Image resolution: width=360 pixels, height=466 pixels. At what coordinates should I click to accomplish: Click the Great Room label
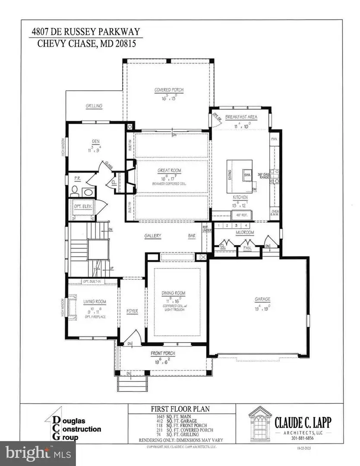[x=169, y=170]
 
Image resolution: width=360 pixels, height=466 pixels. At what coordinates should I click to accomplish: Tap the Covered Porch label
[x=169, y=90]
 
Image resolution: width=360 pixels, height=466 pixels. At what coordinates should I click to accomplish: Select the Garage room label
[x=262, y=299]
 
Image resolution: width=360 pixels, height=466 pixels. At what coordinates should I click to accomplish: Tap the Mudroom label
[x=244, y=232]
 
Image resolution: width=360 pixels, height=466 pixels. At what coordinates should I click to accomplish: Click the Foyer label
[x=131, y=311]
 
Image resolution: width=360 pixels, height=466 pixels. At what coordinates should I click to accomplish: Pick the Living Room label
[x=91, y=302]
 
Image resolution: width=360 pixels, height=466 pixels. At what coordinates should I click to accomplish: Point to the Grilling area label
[x=94, y=106]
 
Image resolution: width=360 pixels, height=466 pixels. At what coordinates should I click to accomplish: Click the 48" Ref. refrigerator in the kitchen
[x=239, y=215]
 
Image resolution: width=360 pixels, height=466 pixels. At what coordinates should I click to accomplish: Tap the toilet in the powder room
[x=74, y=189]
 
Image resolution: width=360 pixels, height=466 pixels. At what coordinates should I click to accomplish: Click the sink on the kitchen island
[x=247, y=175]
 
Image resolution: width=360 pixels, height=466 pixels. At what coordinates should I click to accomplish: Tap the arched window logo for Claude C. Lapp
[x=260, y=423]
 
